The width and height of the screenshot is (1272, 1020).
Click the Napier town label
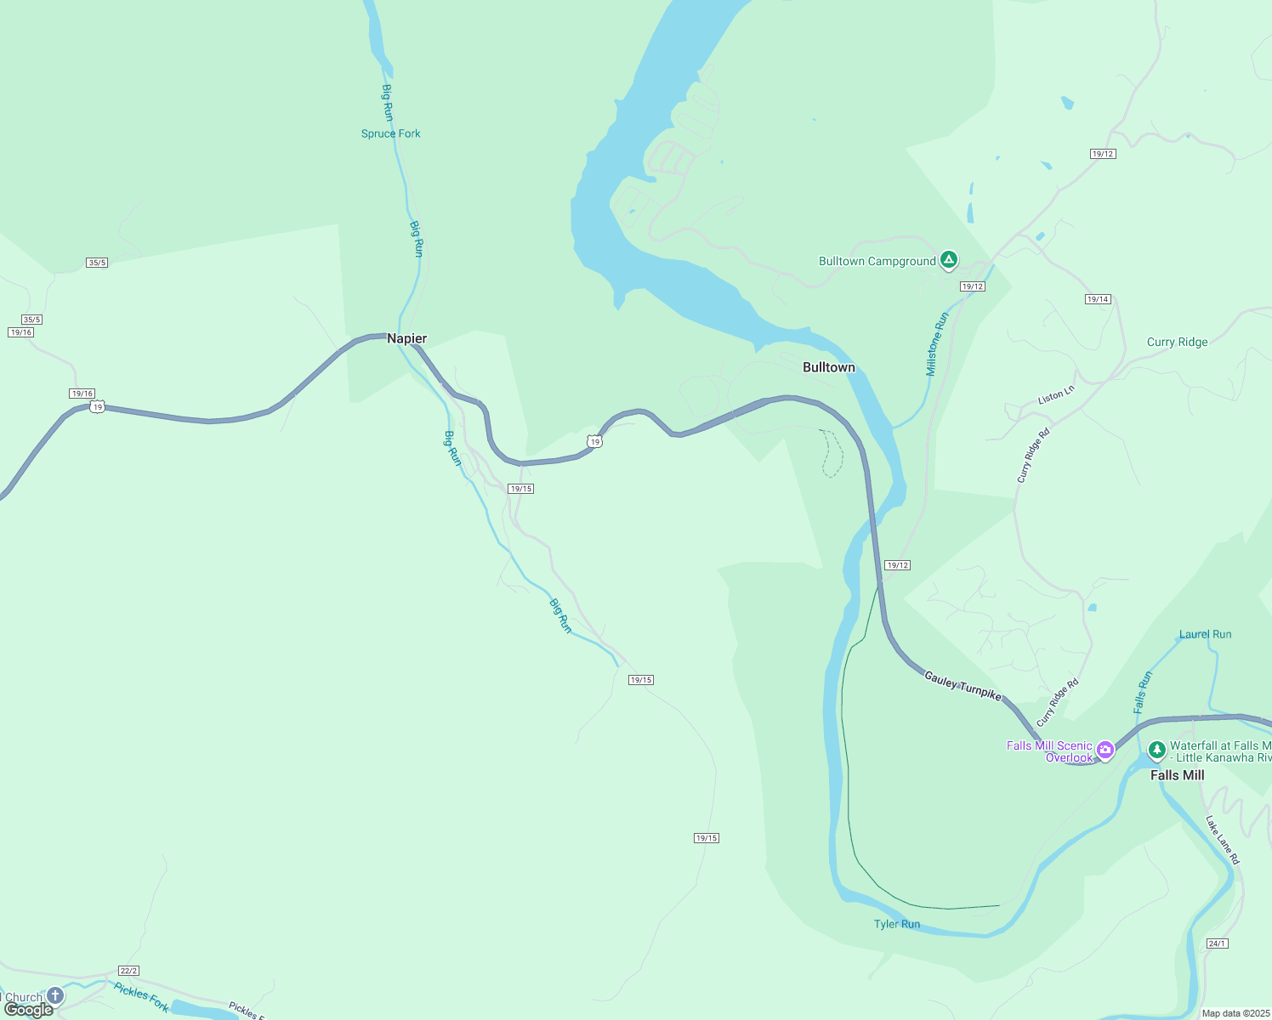[406, 338]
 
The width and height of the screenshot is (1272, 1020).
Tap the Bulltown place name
[828, 367]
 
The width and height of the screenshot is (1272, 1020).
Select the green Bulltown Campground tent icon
[949, 260]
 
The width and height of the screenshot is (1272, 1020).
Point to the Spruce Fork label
[390, 133]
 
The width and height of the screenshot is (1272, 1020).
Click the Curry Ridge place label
[1177, 342]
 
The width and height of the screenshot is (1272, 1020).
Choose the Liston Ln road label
[1056, 395]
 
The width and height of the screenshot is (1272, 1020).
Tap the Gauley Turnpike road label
[963, 685]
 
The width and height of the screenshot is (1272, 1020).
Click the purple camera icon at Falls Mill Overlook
[1105, 749]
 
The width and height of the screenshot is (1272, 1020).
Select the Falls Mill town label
[1177, 775]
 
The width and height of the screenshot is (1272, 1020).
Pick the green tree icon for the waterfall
[1156, 750]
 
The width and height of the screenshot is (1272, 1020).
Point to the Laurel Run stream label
[1205, 634]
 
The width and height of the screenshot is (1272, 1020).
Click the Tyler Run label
[897, 924]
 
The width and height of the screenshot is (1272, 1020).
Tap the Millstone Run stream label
[937, 344]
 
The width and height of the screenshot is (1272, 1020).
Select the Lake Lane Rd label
[1223, 840]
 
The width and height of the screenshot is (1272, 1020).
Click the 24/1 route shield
[1217, 943]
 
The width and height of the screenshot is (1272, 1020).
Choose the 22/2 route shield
[128, 971]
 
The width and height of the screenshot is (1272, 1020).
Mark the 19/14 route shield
[1098, 299]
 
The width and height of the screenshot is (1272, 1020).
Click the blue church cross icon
[55, 995]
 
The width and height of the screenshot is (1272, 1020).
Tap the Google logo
[29, 1010]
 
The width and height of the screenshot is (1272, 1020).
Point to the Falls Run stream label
[1143, 692]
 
